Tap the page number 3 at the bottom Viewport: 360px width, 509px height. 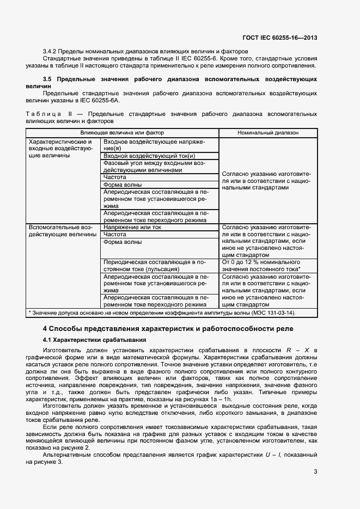pos(315,472)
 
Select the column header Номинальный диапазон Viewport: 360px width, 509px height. pos(268,132)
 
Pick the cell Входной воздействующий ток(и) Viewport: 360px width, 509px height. pos(134,156)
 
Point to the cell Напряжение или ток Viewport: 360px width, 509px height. pos(132,227)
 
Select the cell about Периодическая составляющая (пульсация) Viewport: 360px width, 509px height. pos(154,266)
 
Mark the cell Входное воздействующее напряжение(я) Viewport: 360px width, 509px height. pos(154,145)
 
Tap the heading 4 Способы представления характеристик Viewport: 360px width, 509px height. pos(168,328)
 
